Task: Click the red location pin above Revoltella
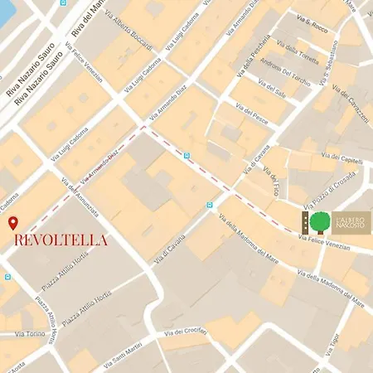click(x=12, y=223)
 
